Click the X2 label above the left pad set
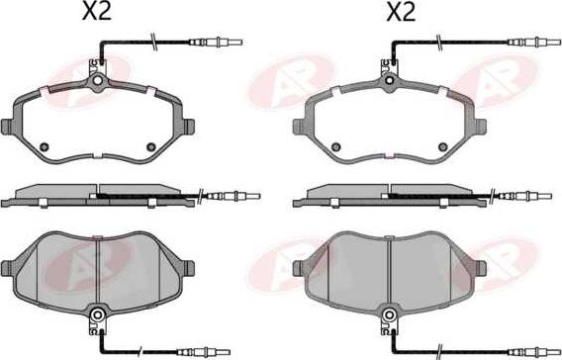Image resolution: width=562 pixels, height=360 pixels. coord(97,11)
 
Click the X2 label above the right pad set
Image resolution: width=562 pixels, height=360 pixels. coord(401,11)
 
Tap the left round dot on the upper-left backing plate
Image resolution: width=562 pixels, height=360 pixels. coord(45,146)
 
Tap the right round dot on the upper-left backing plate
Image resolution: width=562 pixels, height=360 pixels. coord(151,146)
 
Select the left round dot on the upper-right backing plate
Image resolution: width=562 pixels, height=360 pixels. coord(335,146)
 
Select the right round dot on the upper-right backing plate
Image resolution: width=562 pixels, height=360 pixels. coord(443,146)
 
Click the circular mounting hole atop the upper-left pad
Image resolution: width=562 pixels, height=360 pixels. coord(97,80)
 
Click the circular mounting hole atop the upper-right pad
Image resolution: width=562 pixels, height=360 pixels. coord(389,80)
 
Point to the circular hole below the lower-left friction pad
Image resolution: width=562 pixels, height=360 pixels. coord(97,315)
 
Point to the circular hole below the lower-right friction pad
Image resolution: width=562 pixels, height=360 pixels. coord(389,315)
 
